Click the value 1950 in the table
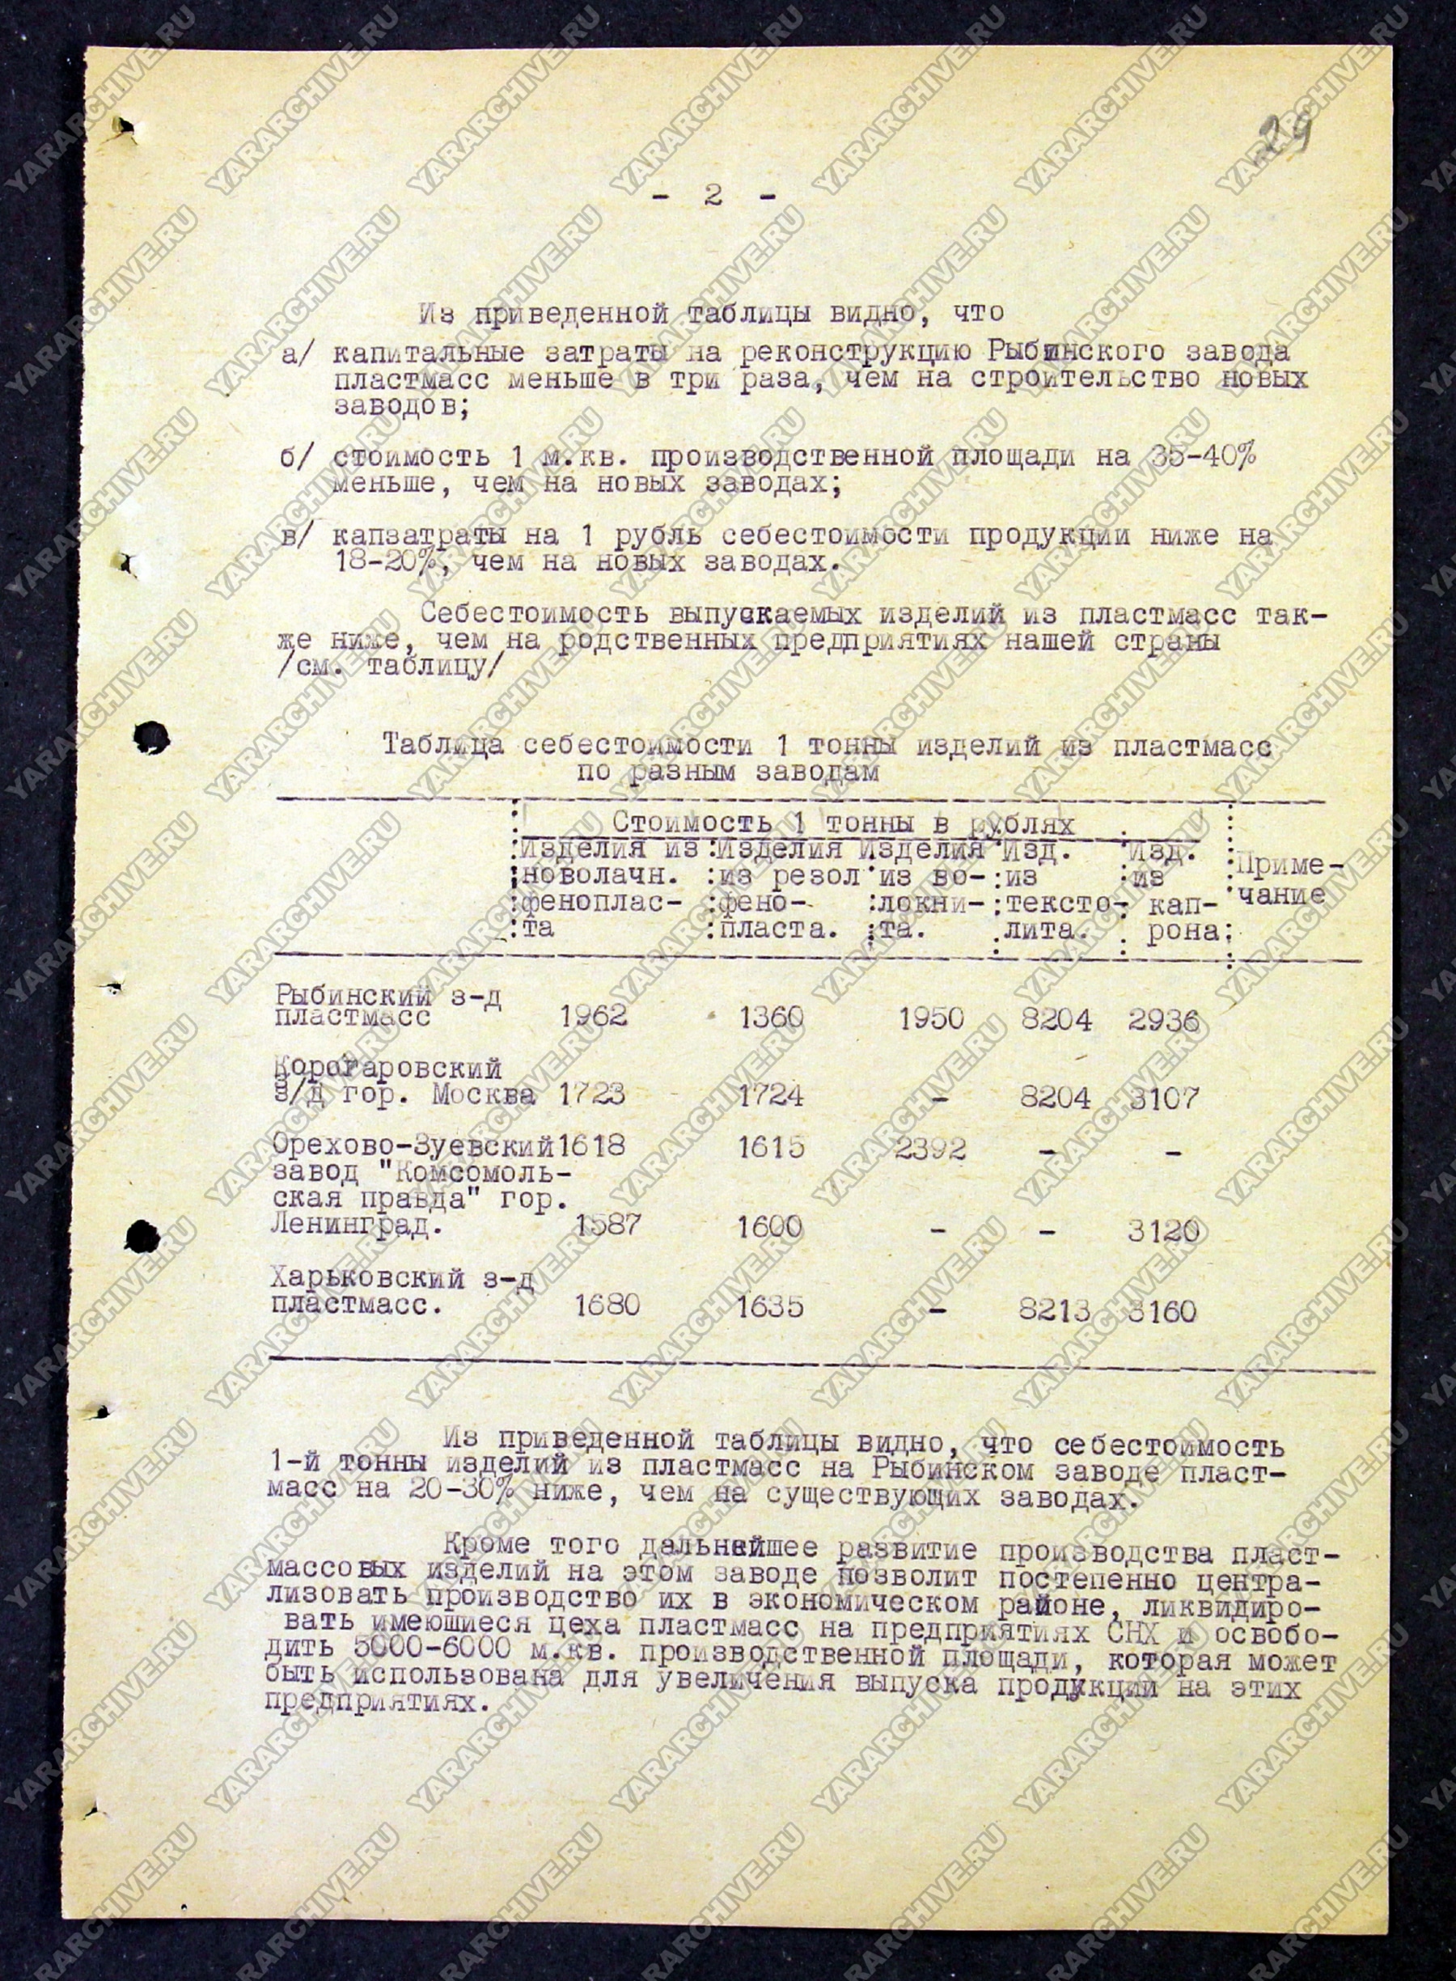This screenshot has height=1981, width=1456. coord(932,1018)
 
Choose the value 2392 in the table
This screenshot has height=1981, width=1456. coord(930,1149)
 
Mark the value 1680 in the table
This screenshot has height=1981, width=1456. coord(607,1304)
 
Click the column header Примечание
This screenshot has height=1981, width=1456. coord(1286,881)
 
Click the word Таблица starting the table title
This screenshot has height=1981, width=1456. coord(442,746)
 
